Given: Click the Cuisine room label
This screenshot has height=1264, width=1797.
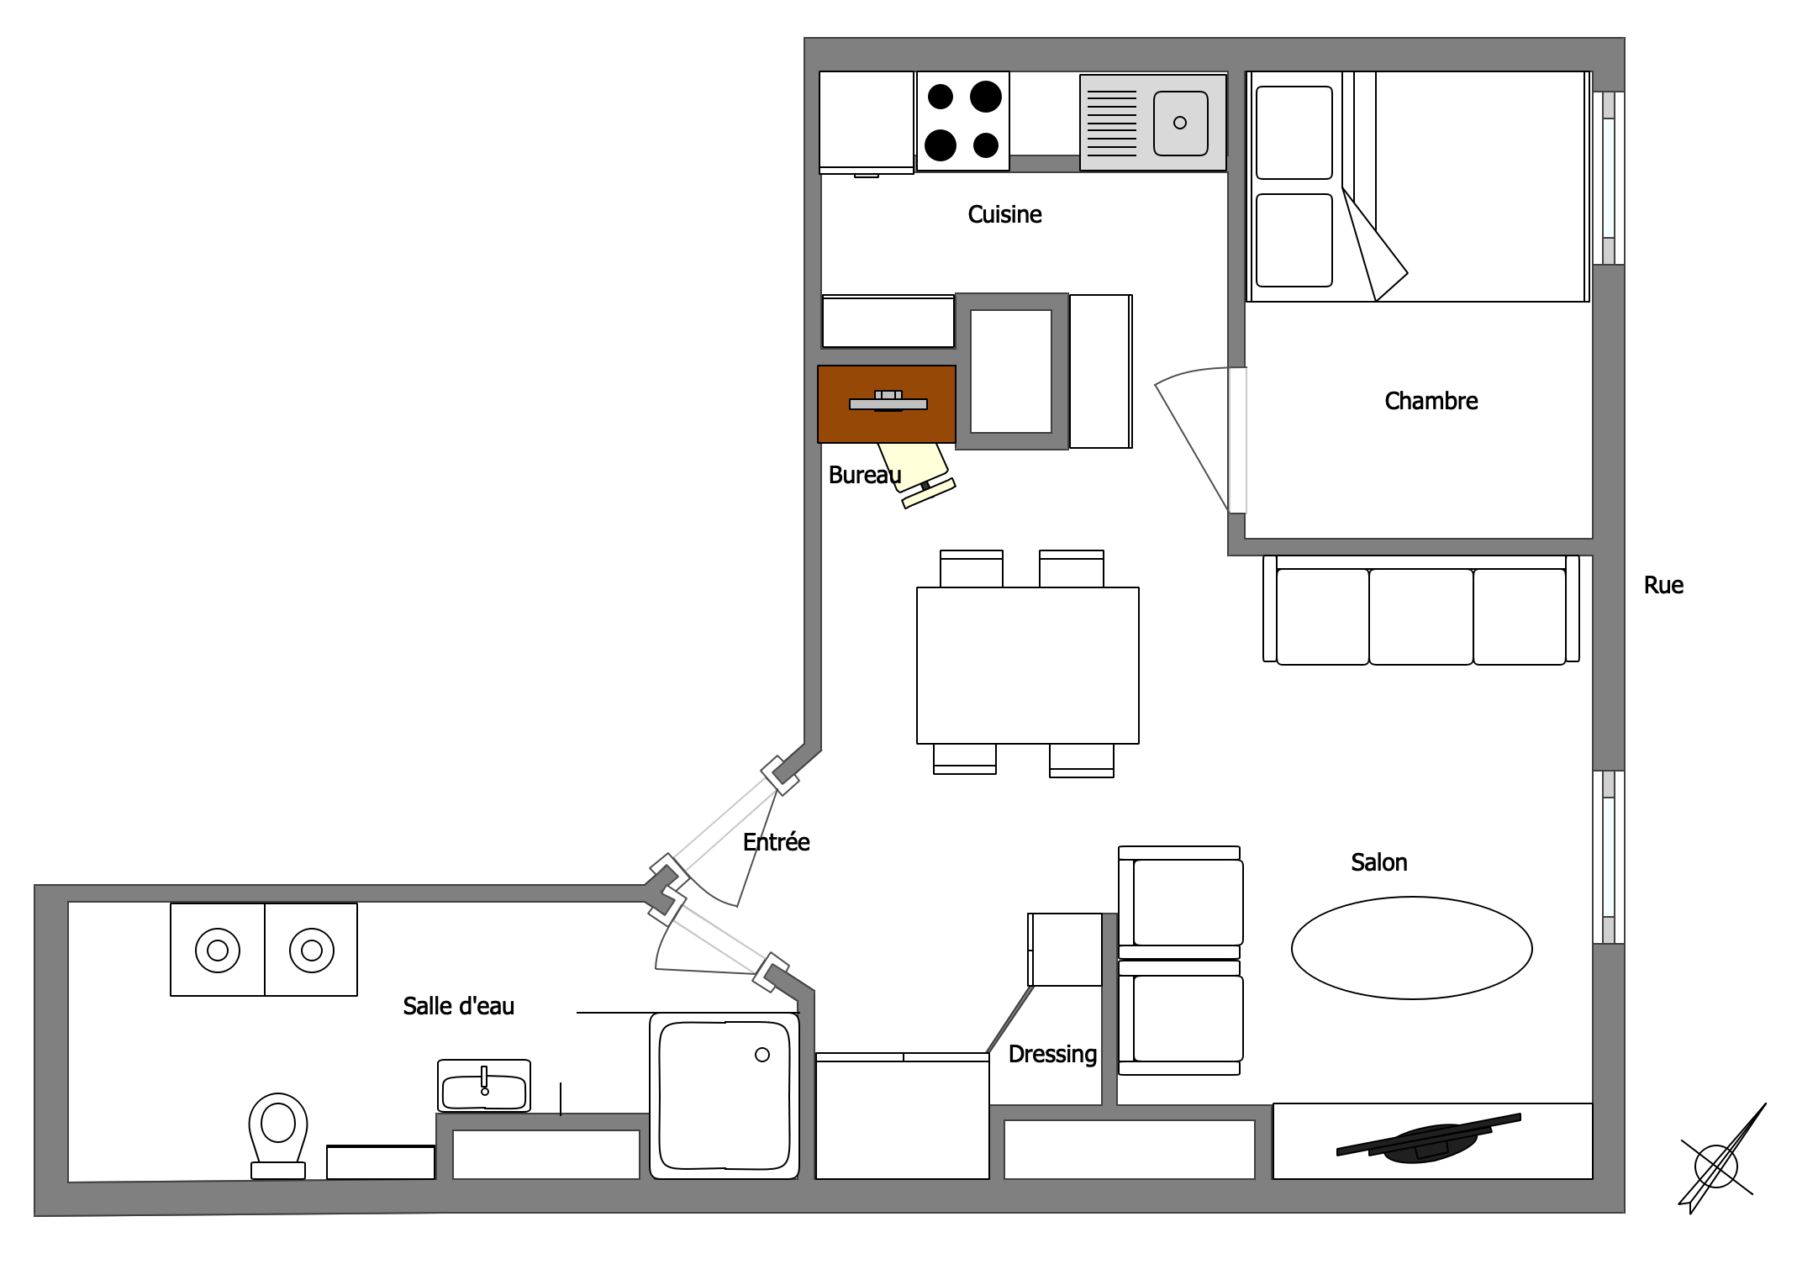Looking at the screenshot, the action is pos(1004,214).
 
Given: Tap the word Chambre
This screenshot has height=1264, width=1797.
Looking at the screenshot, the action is pos(1431,401).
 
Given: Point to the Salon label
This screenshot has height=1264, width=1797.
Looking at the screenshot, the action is pos(1378,862).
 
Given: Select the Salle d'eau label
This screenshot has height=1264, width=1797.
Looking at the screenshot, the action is pos(458,1006).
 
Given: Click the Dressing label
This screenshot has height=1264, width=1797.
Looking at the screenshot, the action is pos(1052,1055).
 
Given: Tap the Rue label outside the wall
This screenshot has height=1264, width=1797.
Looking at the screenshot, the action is pos(1663,585).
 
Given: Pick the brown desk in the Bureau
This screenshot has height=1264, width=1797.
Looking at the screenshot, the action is pos(887,404).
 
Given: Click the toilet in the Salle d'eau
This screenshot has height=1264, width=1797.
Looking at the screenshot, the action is pos(277,1135).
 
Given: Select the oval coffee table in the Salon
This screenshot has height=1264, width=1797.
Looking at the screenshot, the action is pos(1411,948).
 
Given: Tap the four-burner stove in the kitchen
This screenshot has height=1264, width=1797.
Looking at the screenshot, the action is pos(962,121).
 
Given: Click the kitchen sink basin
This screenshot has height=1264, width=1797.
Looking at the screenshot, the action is pos(1180,124).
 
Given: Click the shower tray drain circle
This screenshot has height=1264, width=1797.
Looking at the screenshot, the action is pos(762,1055).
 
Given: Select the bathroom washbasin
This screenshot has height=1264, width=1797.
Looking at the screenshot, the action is pos(484,1086).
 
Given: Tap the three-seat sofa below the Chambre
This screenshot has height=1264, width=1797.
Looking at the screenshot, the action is pos(1421,610).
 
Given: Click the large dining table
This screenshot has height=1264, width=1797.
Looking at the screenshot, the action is pos(1027,666).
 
